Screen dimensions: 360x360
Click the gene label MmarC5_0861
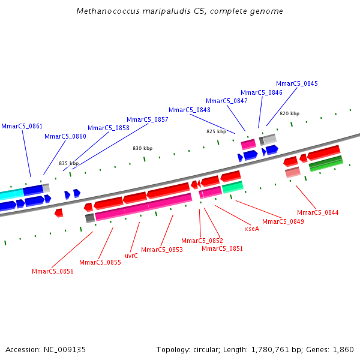pyautogui.click(x=22, y=126)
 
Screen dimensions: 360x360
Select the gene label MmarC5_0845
pyautogui.click(x=297, y=83)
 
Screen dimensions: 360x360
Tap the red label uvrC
pyautogui.click(x=131, y=256)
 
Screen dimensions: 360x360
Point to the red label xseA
pyautogui.click(x=252, y=229)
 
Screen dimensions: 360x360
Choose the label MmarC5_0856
pyautogui.click(x=53, y=271)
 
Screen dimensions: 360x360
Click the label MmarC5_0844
pyautogui.click(x=317, y=212)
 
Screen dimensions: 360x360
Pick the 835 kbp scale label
pyautogui.click(x=68, y=163)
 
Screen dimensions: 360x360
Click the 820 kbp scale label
pyautogui.click(x=289, y=113)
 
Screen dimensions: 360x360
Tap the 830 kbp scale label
pyautogui.click(x=142, y=148)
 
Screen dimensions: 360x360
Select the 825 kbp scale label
pyautogui.click(x=216, y=131)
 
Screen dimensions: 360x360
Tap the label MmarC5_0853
pyautogui.click(x=161, y=250)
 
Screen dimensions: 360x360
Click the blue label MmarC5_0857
pyautogui.click(x=147, y=119)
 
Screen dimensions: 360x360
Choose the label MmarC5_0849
pyautogui.click(x=283, y=221)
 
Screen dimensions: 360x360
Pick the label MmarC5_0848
pyautogui.click(x=189, y=110)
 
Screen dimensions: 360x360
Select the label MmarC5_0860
pyautogui.click(x=65, y=136)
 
